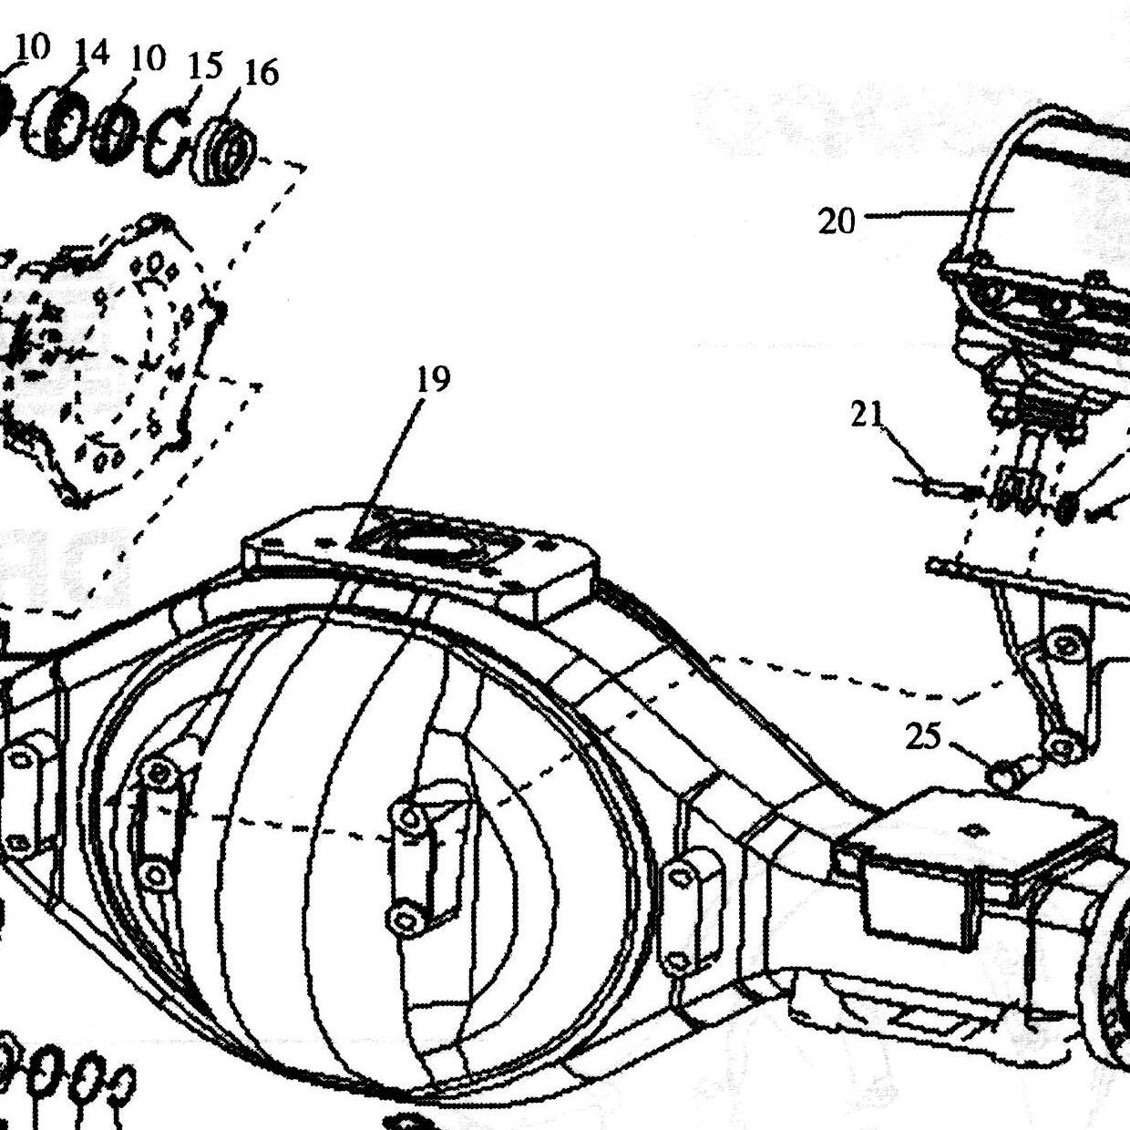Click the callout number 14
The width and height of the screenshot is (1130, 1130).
(92, 54)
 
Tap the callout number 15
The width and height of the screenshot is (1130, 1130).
(205, 65)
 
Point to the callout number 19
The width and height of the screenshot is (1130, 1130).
(434, 379)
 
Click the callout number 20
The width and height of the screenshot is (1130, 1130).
(837, 222)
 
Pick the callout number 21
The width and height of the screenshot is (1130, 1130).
(868, 416)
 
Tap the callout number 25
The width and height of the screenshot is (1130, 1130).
(923, 736)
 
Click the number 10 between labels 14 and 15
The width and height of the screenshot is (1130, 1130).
(148, 58)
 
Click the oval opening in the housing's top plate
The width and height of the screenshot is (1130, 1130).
(433, 544)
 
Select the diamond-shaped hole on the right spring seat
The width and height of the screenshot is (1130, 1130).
(974, 829)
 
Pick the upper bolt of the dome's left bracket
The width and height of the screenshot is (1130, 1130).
(159, 774)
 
